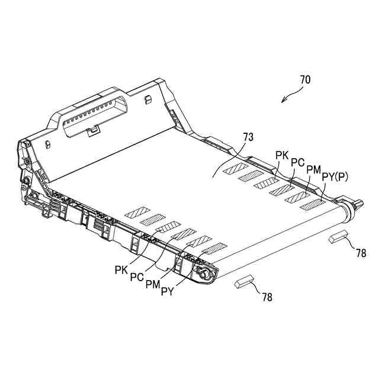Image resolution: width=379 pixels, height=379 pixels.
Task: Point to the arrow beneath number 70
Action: click(x=290, y=95)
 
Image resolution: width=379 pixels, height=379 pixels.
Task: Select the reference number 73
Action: click(x=248, y=137)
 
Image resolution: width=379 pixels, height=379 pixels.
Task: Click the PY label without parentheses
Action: click(x=166, y=291)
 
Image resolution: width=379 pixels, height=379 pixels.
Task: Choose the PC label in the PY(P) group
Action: click(x=298, y=162)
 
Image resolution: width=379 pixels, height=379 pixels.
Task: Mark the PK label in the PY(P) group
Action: click(x=282, y=155)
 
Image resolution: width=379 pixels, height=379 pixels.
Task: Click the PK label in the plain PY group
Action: click(x=122, y=270)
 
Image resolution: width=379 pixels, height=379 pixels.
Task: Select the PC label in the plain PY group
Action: click(x=137, y=277)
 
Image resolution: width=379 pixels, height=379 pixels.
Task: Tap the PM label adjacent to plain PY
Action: click(x=153, y=284)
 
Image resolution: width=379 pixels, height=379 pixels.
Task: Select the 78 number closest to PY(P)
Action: click(x=361, y=253)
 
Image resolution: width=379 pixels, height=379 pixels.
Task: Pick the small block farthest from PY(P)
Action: click(x=244, y=281)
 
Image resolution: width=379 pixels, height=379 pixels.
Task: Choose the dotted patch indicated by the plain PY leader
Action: click(x=214, y=248)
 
